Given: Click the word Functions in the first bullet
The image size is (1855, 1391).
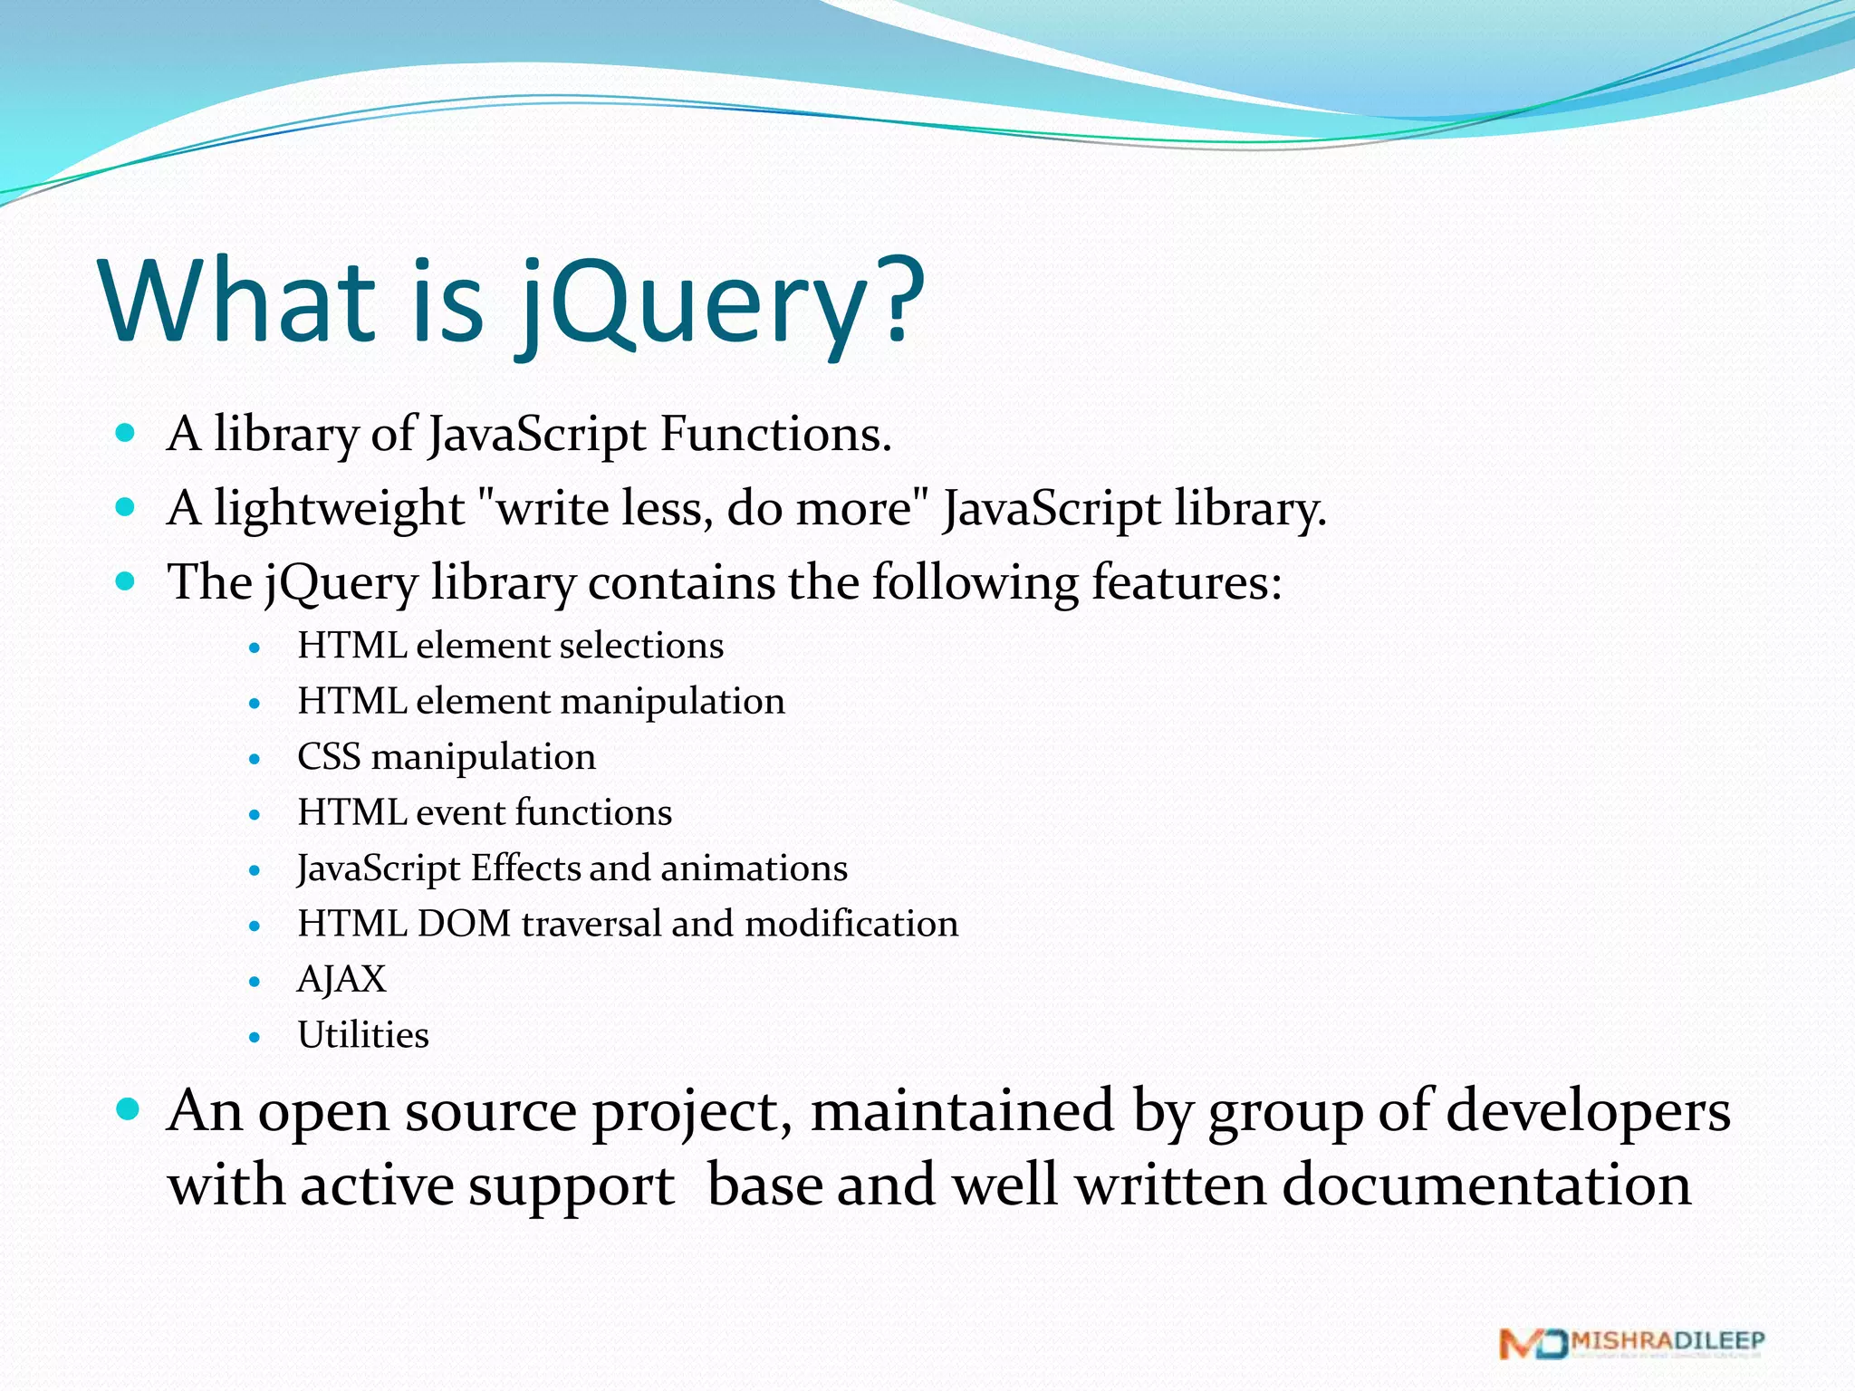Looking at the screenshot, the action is pos(775,434).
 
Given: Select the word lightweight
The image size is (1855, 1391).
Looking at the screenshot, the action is pos(339,508).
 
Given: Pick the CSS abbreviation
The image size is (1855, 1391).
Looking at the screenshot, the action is pos(329,757).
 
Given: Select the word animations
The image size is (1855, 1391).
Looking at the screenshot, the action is pos(754,868).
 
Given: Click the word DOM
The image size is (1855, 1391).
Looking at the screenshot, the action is pos(464,924).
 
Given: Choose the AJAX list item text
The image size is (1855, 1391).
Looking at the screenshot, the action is pos(341,980).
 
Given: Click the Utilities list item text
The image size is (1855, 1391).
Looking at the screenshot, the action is pos(363,1035).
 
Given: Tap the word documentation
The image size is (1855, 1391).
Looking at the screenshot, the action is pos(1486,1185).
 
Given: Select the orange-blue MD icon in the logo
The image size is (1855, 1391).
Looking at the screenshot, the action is pos(1533,1344).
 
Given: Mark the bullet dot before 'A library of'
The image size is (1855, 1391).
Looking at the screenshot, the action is pos(126,433).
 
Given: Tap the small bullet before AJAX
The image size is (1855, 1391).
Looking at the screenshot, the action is pos(255,982).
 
